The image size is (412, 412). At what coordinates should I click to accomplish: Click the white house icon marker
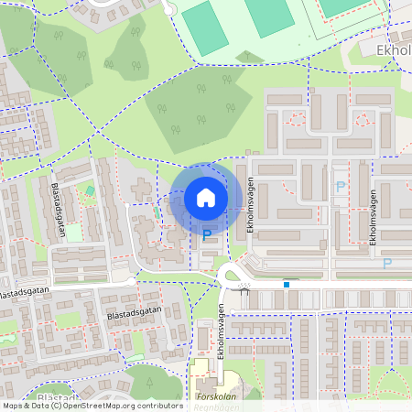[206, 197]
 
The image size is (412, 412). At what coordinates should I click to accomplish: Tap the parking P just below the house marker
[206, 235]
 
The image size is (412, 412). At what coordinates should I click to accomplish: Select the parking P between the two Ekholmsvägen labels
[341, 186]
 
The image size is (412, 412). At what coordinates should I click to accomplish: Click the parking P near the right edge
[386, 263]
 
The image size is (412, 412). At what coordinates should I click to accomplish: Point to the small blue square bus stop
[287, 284]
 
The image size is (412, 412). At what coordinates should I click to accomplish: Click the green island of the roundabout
[229, 274]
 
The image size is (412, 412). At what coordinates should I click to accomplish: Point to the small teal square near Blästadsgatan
[90, 190]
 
